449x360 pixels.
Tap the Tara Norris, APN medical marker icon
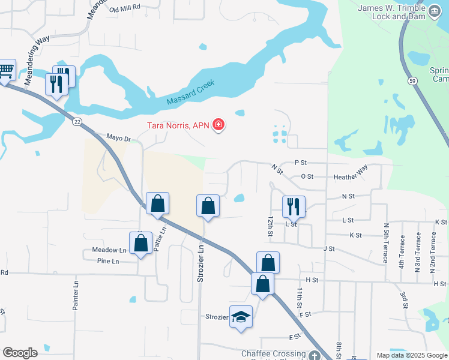coord(218,125)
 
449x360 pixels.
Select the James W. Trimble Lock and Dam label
coord(391,12)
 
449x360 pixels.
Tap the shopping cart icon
coord(6,71)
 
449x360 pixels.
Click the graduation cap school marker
coord(241,316)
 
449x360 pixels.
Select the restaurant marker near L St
coord(294,206)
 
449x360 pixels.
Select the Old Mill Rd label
coord(125,8)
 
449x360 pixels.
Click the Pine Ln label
coord(107,261)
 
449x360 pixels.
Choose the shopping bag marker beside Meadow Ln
coord(140,243)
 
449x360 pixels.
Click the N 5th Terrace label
coord(386,246)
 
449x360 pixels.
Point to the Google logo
coord(20,353)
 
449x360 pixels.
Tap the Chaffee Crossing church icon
coord(315,355)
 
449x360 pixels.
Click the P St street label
coord(300,163)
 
